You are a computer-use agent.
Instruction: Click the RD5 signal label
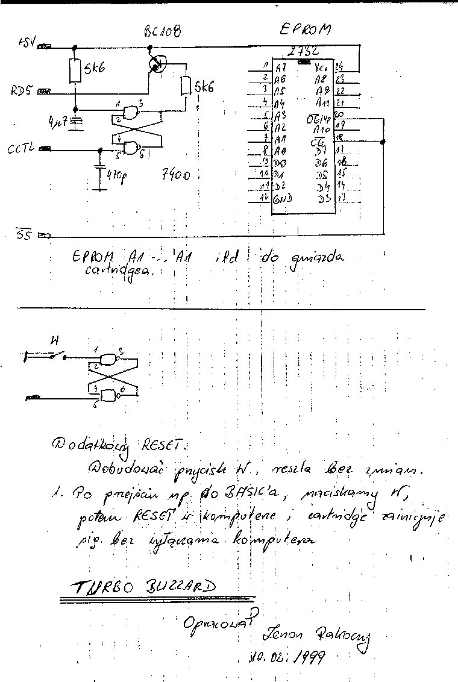[23, 92]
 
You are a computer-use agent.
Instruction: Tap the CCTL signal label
[22, 148]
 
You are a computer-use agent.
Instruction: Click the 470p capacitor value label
[118, 178]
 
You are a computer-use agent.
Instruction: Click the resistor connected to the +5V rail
[75, 71]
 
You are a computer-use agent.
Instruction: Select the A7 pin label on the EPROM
[280, 67]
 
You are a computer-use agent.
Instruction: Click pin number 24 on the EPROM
[339, 67]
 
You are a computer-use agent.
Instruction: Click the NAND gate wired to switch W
[108, 360]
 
